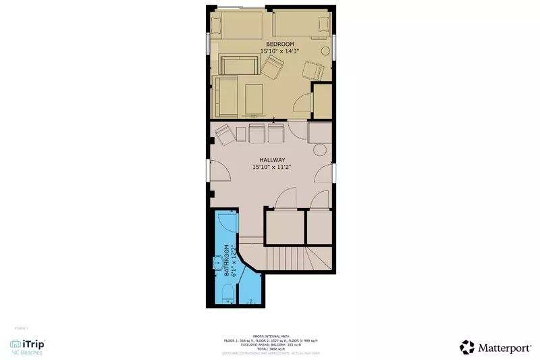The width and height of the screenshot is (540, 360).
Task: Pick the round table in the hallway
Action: pos(320,150)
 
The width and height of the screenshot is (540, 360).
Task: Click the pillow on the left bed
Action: pos(216,26)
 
